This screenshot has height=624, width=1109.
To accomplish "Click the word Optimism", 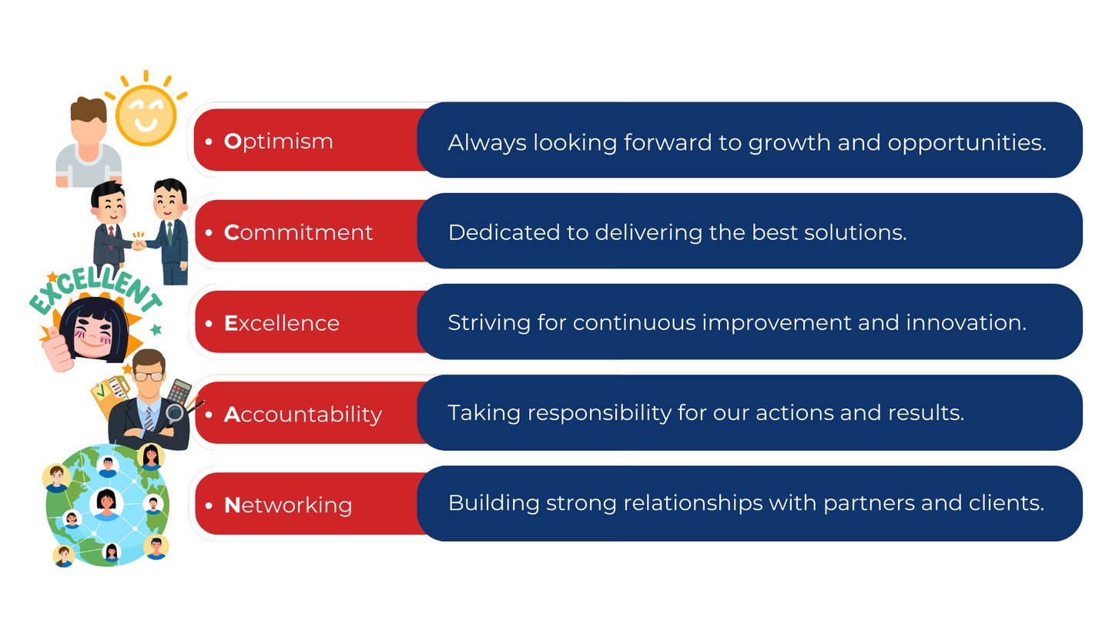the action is pyautogui.click(x=278, y=142).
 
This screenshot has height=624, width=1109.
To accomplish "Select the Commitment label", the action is pyautogui.click(x=298, y=232).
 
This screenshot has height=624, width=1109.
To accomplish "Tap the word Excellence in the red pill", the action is pyautogui.click(x=282, y=323).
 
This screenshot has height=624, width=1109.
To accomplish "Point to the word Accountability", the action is pyautogui.click(x=303, y=415).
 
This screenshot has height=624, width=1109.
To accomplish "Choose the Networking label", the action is pyautogui.click(x=288, y=506).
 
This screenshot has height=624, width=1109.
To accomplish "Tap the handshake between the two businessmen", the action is pyautogui.click(x=139, y=243).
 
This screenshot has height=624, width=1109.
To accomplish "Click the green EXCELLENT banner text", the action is pyautogui.click(x=95, y=289).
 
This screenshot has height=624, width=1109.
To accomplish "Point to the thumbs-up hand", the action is pyautogui.click(x=58, y=349).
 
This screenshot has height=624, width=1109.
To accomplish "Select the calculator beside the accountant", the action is pyautogui.click(x=179, y=392).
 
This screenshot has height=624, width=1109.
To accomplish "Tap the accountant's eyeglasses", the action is pyautogui.click(x=149, y=376).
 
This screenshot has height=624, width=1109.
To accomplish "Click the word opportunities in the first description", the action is pyautogui.click(x=967, y=143).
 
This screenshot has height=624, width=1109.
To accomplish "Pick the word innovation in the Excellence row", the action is pyautogui.click(x=967, y=323).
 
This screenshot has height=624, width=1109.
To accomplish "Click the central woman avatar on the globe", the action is pyautogui.click(x=106, y=504).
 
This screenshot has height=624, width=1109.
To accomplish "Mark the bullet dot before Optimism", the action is pyautogui.click(x=209, y=142).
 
